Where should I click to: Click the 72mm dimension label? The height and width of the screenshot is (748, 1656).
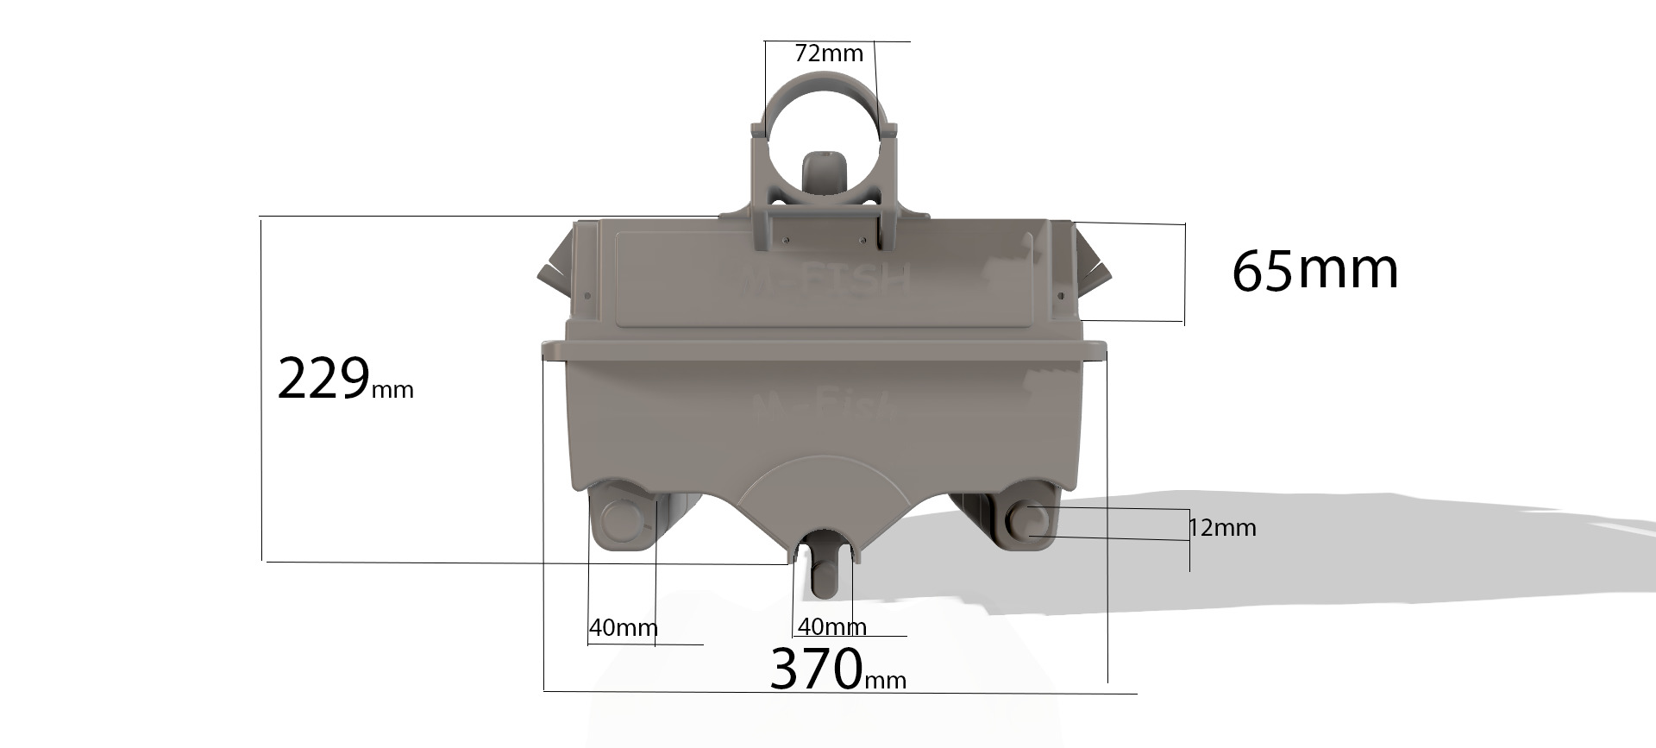click(828, 53)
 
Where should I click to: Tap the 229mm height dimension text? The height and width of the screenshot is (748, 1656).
click(344, 380)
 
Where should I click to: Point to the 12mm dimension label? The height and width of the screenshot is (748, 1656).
click(1222, 527)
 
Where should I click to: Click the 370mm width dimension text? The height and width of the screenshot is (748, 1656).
click(837, 669)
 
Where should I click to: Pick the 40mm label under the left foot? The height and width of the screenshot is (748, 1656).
click(623, 627)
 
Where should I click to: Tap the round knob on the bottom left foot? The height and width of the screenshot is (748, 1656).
click(620, 519)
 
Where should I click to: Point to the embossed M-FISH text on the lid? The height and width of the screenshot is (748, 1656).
click(826, 280)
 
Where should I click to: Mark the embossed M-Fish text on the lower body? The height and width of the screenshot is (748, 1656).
click(823, 406)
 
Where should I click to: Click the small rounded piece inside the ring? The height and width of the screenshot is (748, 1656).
click(823, 173)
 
